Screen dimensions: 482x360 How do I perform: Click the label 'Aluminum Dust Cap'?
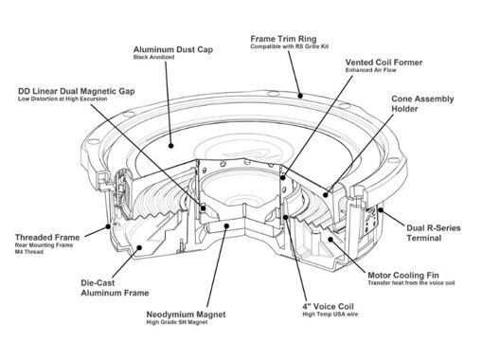click(x=173, y=49)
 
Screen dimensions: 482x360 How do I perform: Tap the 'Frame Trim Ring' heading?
click(x=283, y=39)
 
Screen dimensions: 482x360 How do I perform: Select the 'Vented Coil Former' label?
click(x=384, y=63)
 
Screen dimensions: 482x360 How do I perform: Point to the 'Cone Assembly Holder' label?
click(x=422, y=104)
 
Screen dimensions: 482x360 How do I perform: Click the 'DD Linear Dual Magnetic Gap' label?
click(x=77, y=91)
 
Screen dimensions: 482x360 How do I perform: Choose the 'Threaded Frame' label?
click(x=47, y=237)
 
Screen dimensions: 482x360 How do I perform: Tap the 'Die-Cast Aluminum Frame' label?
click(x=115, y=288)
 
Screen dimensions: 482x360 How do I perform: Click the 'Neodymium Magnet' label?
click(x=186, y=315)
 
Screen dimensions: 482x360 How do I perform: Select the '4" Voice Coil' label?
click(x=329, y=306)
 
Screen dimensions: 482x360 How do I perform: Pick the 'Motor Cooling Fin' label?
click(x=403, y=275)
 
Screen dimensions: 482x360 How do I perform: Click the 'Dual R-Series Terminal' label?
click(x=434, y=233)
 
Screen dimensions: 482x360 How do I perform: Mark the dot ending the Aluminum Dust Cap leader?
click(x=170, y=146)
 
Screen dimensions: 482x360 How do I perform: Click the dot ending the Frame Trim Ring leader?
click(x=300, y=96)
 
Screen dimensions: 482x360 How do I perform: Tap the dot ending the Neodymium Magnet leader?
click(x=226, y=225)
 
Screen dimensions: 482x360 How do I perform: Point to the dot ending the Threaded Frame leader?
click(x=108, y=226)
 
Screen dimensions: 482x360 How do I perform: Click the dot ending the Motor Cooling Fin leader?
click(x=330, y=240)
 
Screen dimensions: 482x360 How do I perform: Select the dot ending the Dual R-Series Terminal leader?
click(x=381, y=209)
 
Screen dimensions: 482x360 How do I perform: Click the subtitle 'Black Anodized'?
click(x=153, y=57)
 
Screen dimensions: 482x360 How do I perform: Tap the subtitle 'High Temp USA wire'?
click(x=330, y=315)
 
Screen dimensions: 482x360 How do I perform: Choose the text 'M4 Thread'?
click(x=29, y=252)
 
